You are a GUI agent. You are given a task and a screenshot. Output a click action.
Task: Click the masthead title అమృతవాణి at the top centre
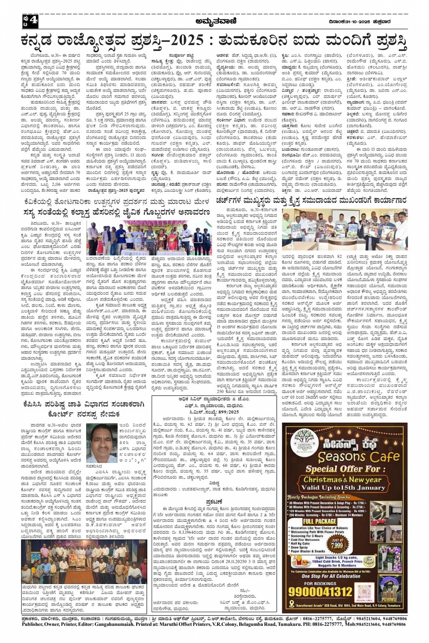click(x=214, y=21)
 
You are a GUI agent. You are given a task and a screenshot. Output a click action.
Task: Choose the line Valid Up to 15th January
click(x=343, y=487)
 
